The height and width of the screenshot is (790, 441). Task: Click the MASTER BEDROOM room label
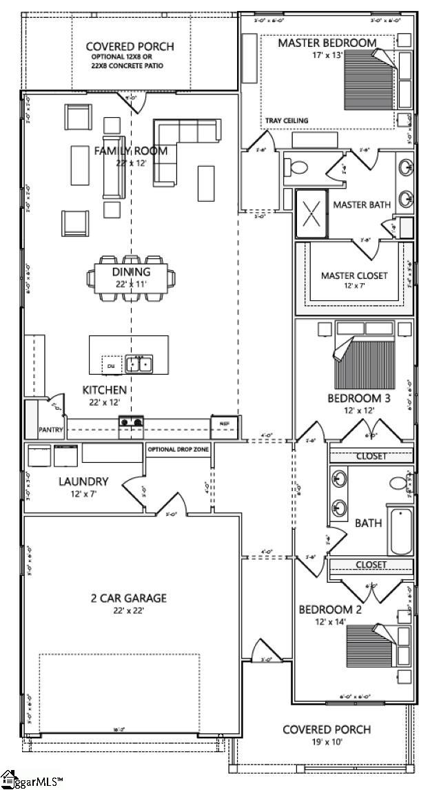coord(327,43)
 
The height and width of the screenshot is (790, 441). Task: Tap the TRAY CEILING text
coord(287,121)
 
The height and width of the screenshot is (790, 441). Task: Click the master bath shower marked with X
coord(311,214)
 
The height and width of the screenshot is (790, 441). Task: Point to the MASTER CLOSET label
coord(354,276)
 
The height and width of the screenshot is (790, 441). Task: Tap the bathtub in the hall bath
coord(400,530)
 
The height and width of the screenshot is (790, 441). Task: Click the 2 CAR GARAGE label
coord(128,599)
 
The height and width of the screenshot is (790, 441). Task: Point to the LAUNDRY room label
coord(83,481)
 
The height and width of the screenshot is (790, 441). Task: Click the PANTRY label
coord(51,430)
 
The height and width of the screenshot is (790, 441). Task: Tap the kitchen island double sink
coord(141,364)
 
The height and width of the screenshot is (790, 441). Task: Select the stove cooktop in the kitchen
coord(132,423)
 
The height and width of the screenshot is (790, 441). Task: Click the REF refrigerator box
coord(225,424)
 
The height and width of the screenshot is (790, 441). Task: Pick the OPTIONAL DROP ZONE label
coord(178,450)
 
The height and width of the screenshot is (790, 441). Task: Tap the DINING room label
coord(131,271)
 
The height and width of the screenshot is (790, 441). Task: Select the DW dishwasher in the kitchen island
coord(110,365)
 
